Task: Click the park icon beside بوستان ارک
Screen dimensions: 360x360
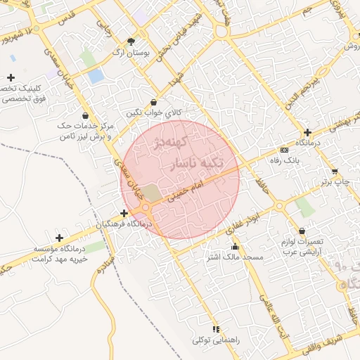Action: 131,42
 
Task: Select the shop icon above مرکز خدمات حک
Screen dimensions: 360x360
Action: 85,115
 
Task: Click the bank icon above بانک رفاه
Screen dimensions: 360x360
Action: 284,150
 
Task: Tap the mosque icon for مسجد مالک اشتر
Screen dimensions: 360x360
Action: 235,247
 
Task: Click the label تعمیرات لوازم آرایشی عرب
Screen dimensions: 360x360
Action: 302,245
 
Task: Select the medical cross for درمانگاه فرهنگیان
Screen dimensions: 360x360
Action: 124,213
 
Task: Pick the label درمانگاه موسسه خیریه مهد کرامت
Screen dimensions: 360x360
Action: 63,253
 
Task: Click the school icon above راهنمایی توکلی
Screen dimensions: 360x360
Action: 216,329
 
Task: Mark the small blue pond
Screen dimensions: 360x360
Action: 96,75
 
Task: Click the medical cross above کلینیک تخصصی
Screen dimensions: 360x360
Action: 11,77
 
